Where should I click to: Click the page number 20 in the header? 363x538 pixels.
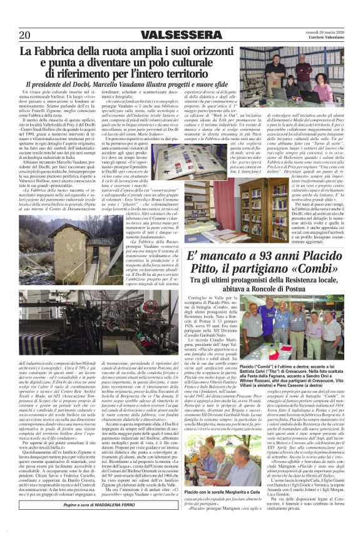click(x=25, y=34)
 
